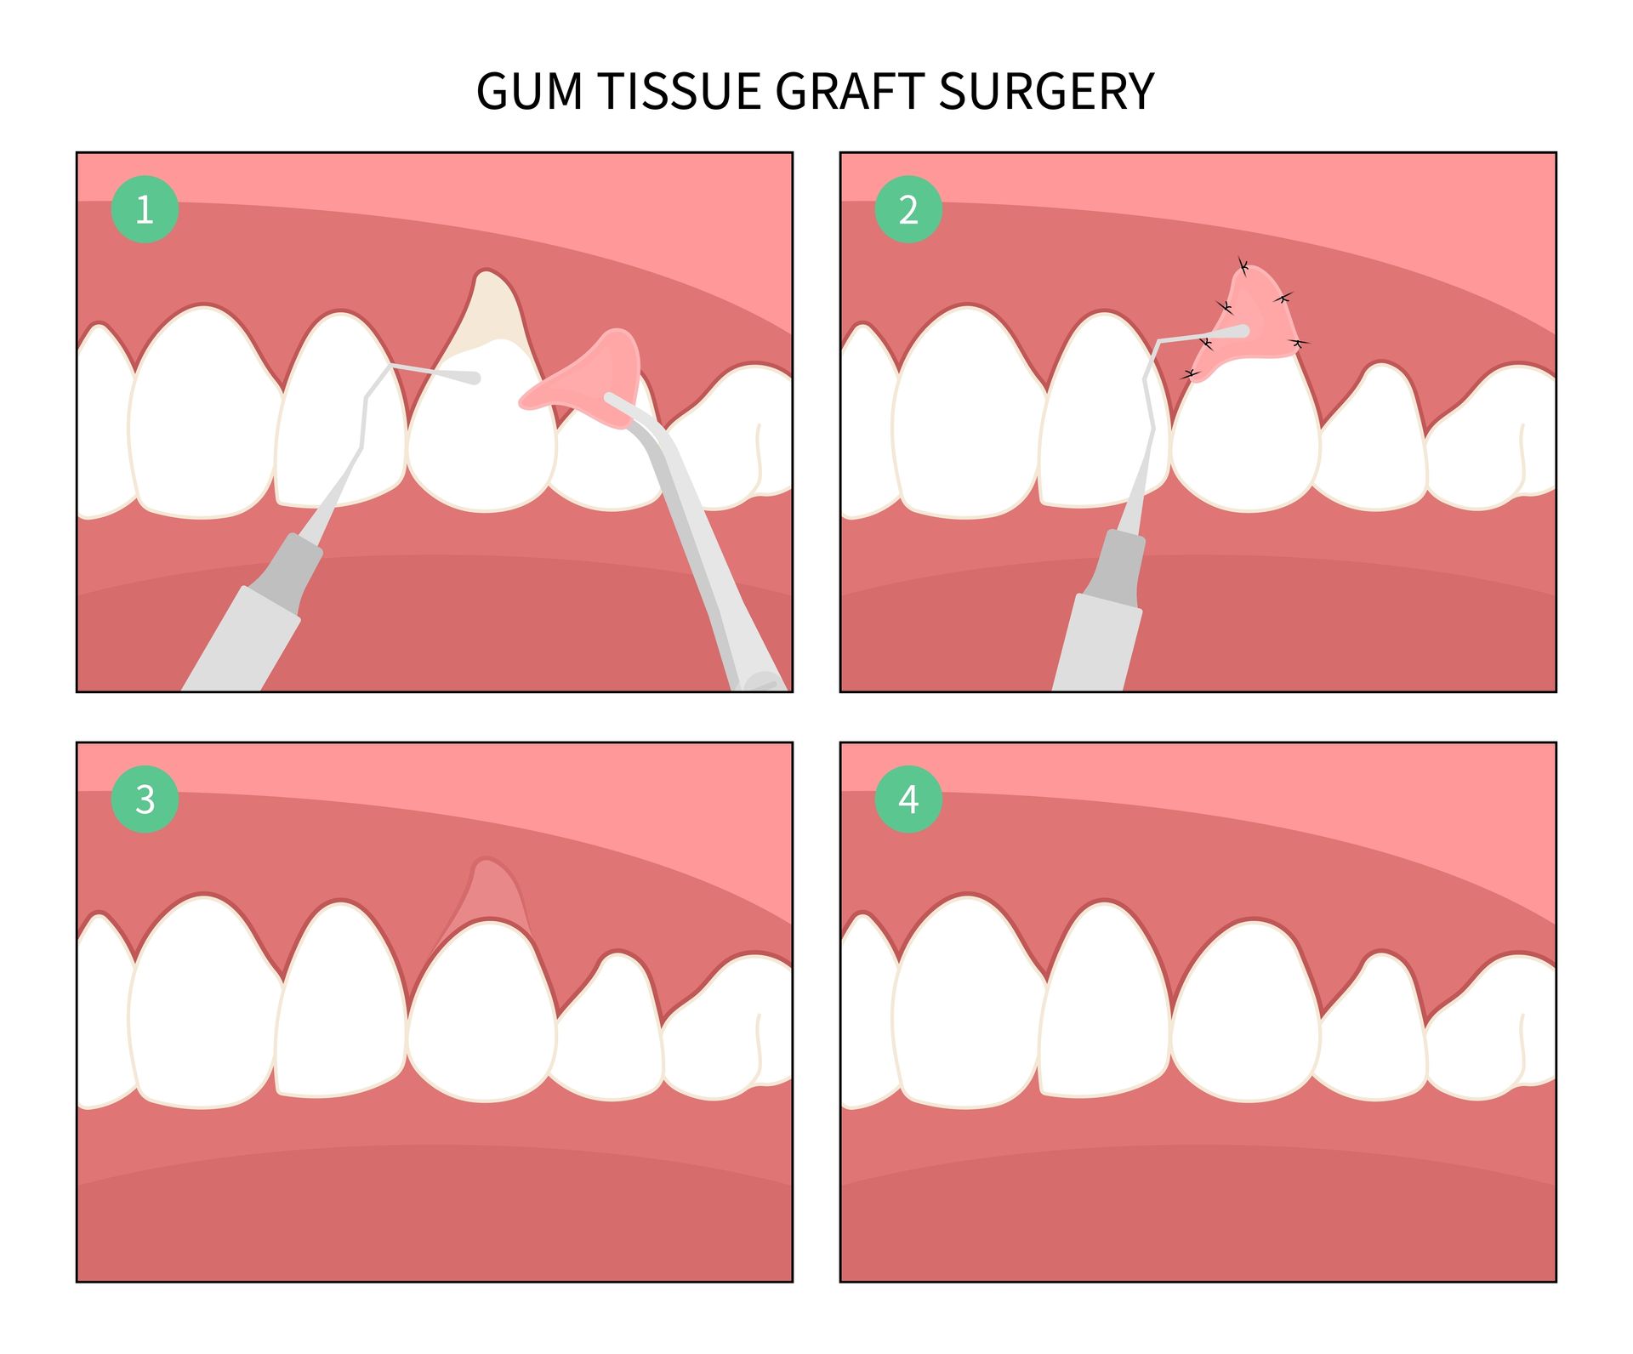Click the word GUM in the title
529,91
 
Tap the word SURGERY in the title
1046,91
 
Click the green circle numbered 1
145,209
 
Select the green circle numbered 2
908,209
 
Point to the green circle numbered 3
145,799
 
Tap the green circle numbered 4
908,799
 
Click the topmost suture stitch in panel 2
1243,267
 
